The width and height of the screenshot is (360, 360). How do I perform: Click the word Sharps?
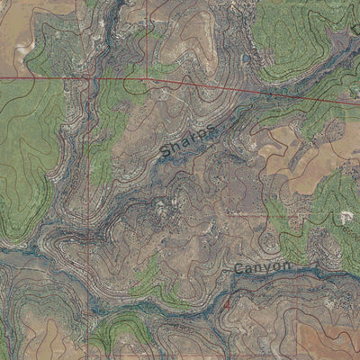pyautogui.click(x=189, y=140)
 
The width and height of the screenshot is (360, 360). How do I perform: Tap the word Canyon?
pyautogui.click(x=263, y=268)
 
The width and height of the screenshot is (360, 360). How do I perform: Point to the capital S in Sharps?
pyautogui.click(x=166, y=154)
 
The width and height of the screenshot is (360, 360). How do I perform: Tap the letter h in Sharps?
pyautogui.click(x=175, y=148)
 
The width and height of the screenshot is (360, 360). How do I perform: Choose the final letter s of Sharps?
pyautogui.click(x=211, y=127)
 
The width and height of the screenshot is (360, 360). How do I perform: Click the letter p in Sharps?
pyautogui.click(x=202, y=134)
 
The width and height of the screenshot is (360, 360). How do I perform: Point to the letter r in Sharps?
pyautogui.click(x=193, y=138)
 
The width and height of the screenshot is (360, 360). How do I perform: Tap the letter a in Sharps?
pyautogui.click(x=184, y=143)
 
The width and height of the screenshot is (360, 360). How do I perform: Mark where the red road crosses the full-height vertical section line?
pyautogui.click(x=87, y=78)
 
